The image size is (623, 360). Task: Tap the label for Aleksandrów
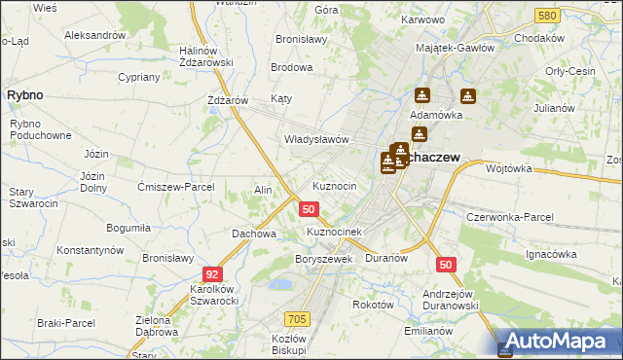coord(94,35)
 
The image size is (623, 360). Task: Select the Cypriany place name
coord(138,77)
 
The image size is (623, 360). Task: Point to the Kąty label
coord(281,99)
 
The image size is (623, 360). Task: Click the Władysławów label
coord(316,139)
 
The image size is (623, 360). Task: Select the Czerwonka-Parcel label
coord(510,217)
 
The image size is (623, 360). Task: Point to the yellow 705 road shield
coord(298,318)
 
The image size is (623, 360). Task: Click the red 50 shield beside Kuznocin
coord(309,209)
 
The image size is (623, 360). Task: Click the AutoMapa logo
coord(559,341)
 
